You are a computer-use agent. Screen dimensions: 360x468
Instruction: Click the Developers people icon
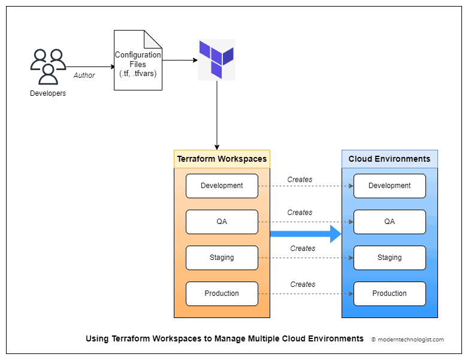48,66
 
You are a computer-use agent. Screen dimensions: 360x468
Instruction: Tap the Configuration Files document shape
138,60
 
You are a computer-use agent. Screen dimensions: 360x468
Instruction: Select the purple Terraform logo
216,59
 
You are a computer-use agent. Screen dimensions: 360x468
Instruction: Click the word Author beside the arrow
84,75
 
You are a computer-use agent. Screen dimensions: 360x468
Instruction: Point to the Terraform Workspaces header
222,159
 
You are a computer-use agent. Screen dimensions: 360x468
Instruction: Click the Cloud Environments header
390,159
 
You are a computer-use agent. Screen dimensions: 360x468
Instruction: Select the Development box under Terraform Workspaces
222,186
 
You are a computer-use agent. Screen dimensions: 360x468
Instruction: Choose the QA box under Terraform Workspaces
222,222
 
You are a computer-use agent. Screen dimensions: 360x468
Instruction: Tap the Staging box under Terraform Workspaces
222,258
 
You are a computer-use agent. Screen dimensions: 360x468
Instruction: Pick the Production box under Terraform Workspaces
222,294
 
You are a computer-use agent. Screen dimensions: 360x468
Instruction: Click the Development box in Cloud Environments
390,186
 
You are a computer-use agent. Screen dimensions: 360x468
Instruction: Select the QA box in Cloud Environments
390,222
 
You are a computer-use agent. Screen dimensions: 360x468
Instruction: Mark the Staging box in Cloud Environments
390,258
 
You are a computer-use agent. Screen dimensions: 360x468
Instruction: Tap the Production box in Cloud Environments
390,294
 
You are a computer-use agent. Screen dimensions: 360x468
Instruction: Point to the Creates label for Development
300,179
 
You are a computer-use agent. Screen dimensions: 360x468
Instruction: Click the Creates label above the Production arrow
303,284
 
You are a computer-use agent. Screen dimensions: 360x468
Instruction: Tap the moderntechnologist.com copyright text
407,339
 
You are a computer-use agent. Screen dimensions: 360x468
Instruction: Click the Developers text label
48,93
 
